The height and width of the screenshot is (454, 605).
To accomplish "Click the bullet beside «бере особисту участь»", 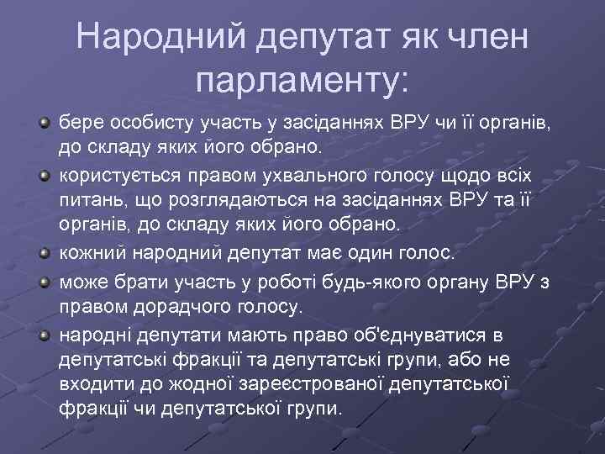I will click(43, 125).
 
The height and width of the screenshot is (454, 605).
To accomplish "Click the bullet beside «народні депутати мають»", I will click(43, 336).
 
